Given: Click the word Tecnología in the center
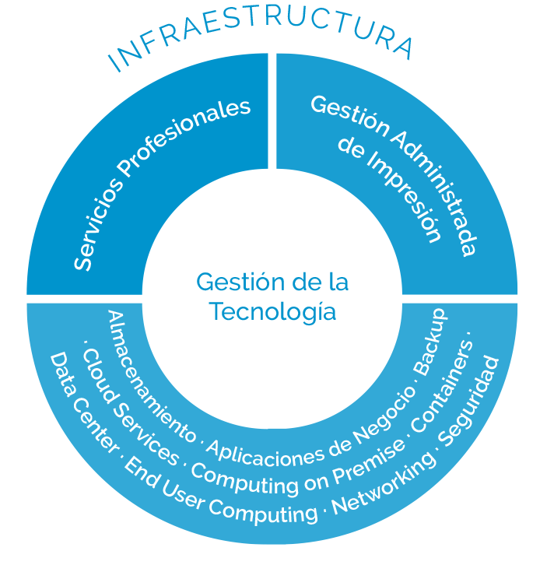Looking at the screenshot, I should tap(273, 312).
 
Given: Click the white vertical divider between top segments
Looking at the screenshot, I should tap(272, 110).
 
